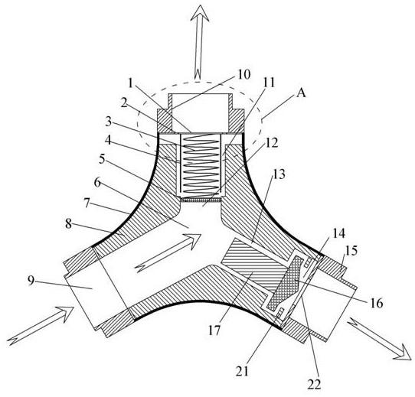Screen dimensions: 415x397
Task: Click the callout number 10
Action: coord(243,74)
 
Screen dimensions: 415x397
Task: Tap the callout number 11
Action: coord(269,83)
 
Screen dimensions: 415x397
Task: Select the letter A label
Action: coord(301,93)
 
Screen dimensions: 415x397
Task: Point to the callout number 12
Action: coord(272,143)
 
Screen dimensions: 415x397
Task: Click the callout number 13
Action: coord(279,174)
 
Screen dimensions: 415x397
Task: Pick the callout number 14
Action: coord(339,233)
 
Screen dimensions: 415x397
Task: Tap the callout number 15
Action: coord(351,250)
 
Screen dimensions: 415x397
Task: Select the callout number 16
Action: coord(377,303)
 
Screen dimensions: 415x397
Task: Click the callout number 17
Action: coord(214,330)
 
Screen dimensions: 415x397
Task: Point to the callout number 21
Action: coord(243,371)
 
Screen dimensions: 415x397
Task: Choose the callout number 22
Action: coord(314,384)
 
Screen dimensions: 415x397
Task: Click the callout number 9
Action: coord(31,281)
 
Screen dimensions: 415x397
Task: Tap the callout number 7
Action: coord(87,203)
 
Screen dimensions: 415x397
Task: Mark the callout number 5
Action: coord(102,159)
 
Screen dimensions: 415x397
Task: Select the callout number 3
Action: coord(108,122)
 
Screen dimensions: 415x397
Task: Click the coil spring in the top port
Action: coord(201,164)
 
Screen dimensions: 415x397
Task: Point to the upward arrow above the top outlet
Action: coord(200,44)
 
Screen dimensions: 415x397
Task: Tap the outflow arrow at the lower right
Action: coord(380,339)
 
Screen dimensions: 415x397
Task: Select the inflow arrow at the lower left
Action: coord(41,326)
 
